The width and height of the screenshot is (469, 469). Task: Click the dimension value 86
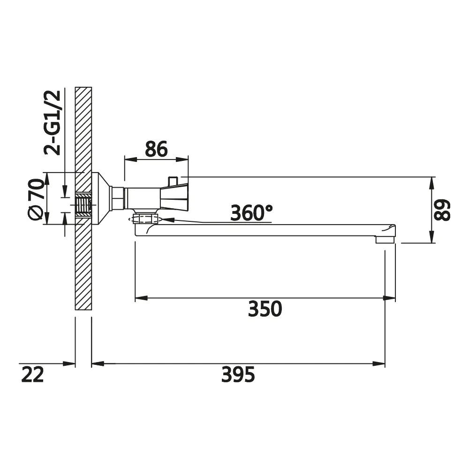click(156, 149)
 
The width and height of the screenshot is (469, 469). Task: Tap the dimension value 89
click(442, 210)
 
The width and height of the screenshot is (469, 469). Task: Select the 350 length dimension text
click(265, 309)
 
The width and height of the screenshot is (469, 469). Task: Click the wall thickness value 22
click(33, 374)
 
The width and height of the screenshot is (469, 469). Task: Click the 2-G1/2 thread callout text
click(53, 122)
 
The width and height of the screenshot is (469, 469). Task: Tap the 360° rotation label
click(251, 212)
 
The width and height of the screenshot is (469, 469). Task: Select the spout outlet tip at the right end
click(386, 239)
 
